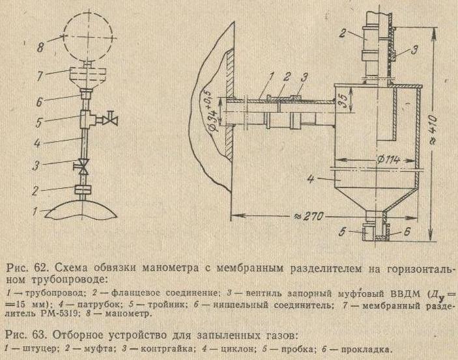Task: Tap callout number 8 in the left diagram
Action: pos(40,46)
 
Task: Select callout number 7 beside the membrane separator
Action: pos(40,76)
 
